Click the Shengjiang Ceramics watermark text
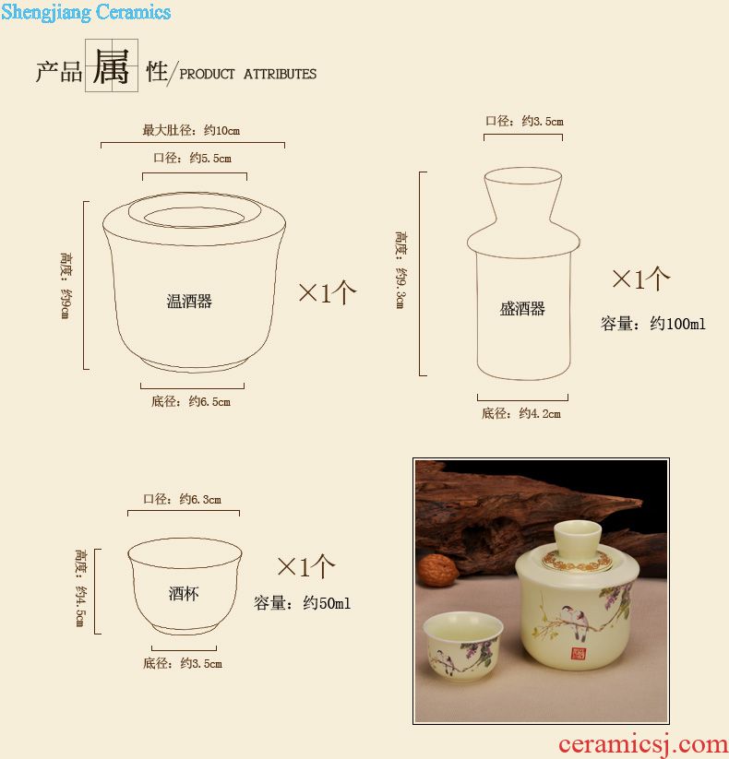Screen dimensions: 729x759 [86, 12]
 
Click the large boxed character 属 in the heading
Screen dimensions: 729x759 [112, 66]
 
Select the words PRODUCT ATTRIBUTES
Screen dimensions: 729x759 [247, 74]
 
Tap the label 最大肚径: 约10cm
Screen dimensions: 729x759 [191, 130]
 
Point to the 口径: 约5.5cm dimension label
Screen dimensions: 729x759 [192, 158]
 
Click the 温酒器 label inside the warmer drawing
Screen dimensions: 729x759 [189, 301]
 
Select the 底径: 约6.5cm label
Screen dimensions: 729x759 [191, 401]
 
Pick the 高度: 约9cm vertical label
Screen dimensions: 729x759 [66, 285]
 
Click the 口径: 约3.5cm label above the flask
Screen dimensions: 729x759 [524, 121]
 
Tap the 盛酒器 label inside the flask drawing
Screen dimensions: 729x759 [522, 308]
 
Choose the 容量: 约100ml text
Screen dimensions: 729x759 [652, 324]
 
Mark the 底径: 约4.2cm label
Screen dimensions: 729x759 [521, 413]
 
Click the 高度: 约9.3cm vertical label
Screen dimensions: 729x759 [400, 269]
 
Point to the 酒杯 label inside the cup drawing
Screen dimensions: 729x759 [184, 593]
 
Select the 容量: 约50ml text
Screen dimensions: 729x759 [302, 602]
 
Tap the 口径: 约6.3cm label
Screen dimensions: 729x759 [182, 499]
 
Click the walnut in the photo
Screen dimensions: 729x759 [438, 571]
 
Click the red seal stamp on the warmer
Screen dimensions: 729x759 [578, 654]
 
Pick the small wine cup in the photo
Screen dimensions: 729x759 [463, 646]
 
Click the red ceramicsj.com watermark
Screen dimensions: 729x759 [643, 744]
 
